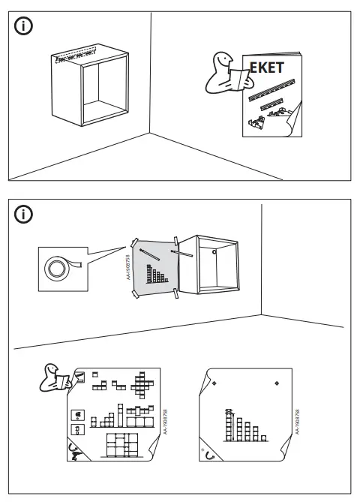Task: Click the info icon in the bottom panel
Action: pyautogui.click(x=25, y=214)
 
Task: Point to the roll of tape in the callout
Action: pyautogui.click(x=57, y=266)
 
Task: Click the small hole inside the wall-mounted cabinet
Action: pyautogui.click(x=215, y=252)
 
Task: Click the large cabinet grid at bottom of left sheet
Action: pyautogui.click(x=124, y=444)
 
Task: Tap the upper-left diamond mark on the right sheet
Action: pyautogui.click(x=215, y=383)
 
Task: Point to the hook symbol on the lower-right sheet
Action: pyautogui.click(x=209, y=452)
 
